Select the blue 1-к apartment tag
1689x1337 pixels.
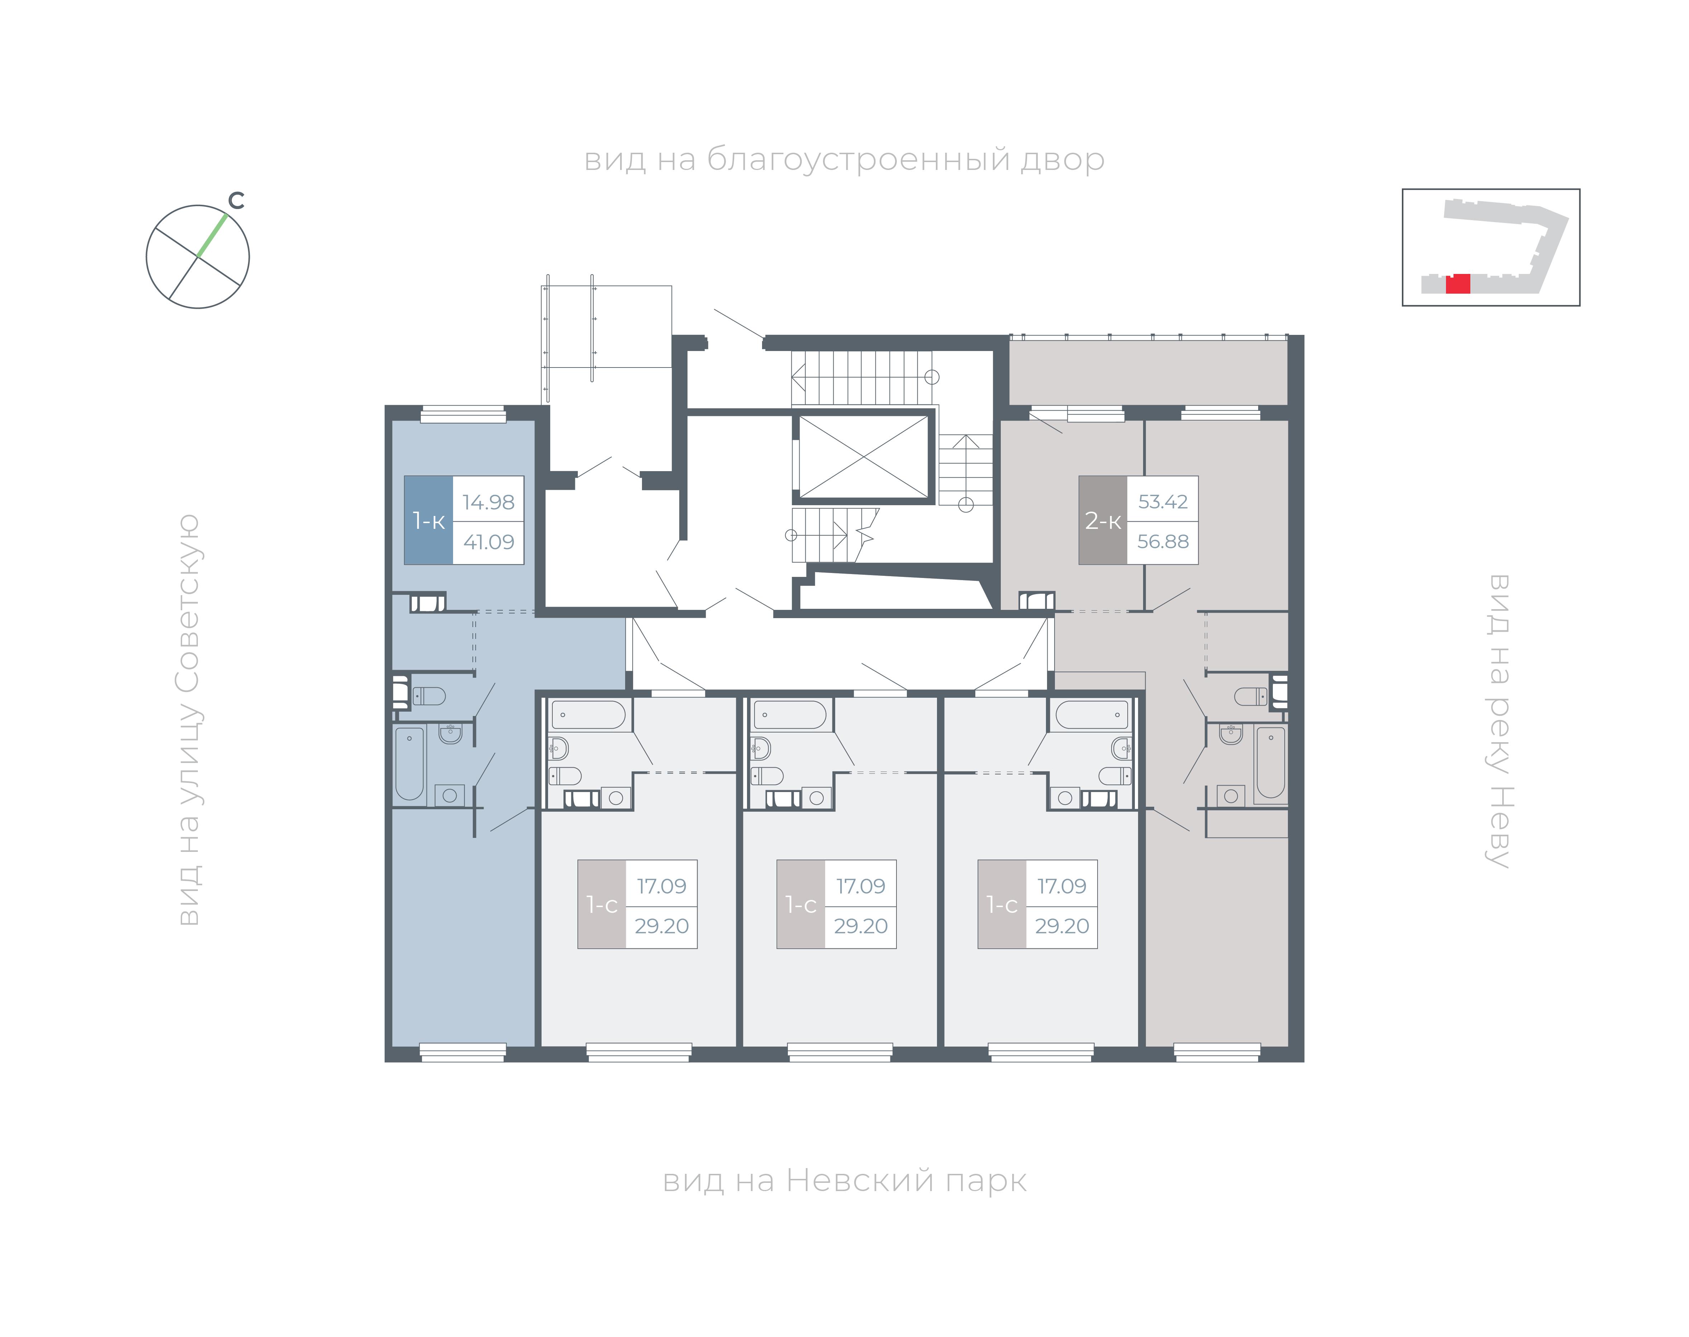pyautogui.click(x=428, y=520)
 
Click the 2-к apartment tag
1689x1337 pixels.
pyautogui.click(x=1103, y=520)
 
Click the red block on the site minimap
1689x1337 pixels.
pyautogui.click(x=1457, y=283)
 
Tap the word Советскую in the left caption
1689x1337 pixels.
pyautogui.click(x=188, y=603)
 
